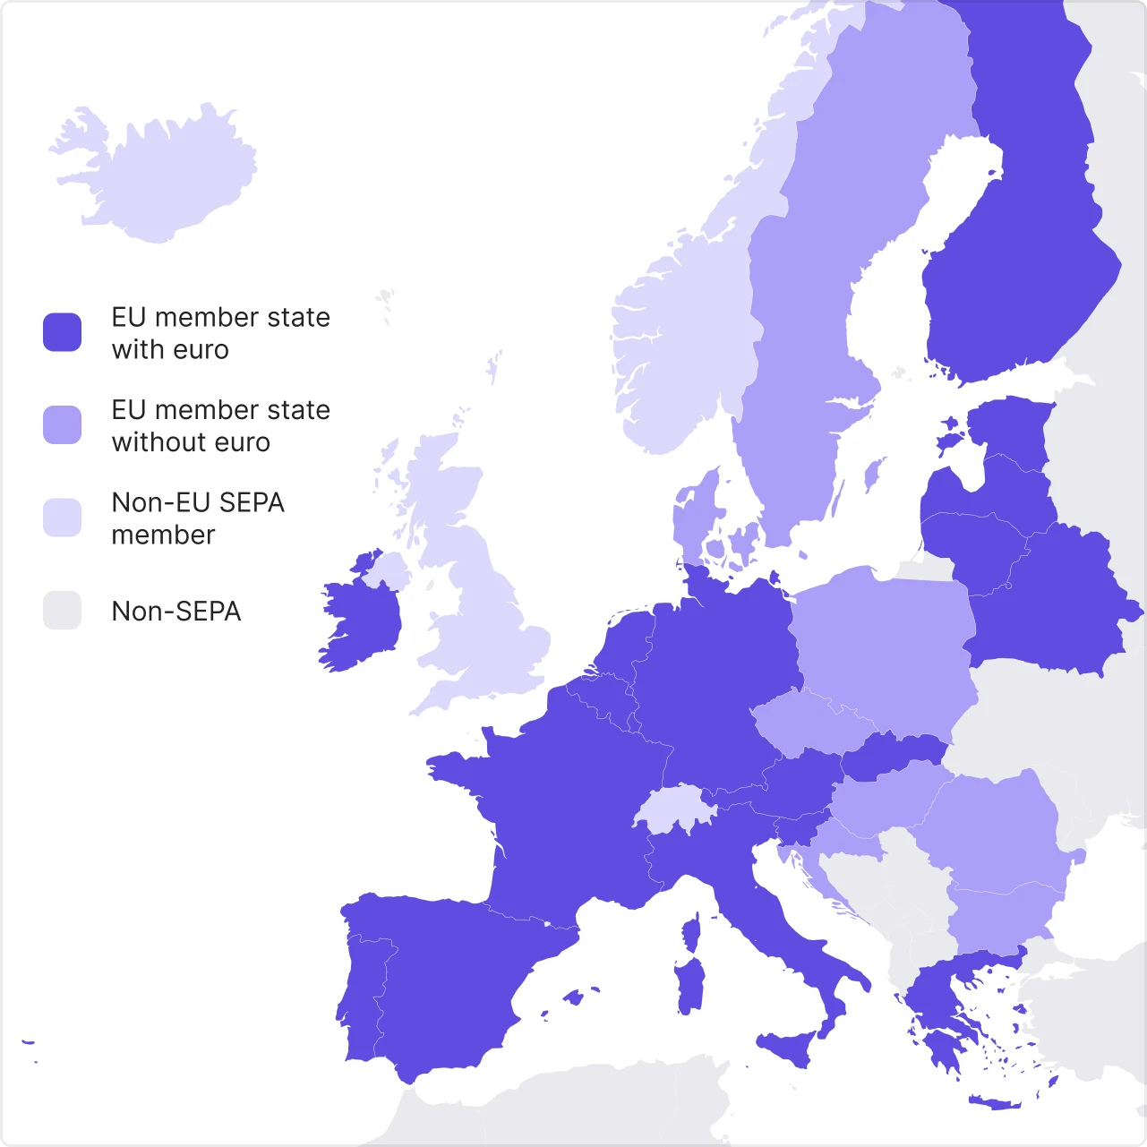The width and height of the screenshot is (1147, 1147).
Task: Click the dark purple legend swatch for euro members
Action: click(x=63, y=332)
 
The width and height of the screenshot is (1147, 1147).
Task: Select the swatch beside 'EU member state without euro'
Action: click(x=63, y=424)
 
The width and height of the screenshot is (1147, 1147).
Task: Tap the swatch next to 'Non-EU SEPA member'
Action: click(x=63, y=518)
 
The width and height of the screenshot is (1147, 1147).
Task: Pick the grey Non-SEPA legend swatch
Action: click(x=63, y=610)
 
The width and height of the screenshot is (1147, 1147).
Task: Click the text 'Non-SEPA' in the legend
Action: click(x=176, y=612)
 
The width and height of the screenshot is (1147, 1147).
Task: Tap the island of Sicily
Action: click(x=788, y=1046)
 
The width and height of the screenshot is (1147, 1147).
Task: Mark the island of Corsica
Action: click(x=691, y=933)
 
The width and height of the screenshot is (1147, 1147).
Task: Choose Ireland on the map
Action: click(x=363, y=622)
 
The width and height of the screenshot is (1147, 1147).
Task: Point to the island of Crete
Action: click(x=994, y=1102)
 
